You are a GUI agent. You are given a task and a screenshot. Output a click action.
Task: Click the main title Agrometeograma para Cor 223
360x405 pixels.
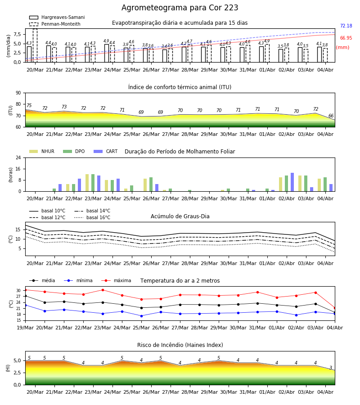[x=180, y=8]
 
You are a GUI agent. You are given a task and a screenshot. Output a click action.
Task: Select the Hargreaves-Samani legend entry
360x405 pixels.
[x=57, y=17]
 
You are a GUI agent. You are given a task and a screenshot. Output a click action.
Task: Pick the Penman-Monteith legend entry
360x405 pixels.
[x=55, y=24]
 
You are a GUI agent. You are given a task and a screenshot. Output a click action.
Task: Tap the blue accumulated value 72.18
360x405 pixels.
[x=346, y=26]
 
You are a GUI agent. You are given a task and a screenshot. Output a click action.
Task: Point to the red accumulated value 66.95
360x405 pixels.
[x=346, y=38]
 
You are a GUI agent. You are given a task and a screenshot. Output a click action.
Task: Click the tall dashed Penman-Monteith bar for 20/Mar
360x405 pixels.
[x=35, y=45]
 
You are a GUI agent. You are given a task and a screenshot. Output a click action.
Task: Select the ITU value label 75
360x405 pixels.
[x=29, y=105]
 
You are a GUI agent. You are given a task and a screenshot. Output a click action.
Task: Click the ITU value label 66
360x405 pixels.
[x=331, y=116]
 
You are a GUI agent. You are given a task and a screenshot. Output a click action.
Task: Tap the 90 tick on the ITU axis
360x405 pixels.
[x=18, y=93]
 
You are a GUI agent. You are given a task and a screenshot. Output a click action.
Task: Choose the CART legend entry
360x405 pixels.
[x=106, y=151]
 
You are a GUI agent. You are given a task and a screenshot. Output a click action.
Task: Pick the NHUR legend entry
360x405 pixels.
[x=42, y=151]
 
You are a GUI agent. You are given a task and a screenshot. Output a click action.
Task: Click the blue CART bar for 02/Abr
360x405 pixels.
[x=292, y=182]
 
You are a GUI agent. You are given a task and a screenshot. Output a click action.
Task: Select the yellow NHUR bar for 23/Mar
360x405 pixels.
[x=87, y=183]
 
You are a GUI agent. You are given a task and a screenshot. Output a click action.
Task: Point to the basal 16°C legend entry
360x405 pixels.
[x=92, y=217]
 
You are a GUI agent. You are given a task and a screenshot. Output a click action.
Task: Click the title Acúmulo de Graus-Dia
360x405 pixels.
[x=180, y=216]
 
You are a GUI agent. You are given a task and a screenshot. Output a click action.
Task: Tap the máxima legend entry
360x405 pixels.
[x=116, y=280]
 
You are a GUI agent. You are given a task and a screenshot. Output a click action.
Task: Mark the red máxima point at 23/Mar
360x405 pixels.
[x=103, y=290]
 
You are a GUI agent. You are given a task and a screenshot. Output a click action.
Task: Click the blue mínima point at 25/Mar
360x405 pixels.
[x=141, y=316]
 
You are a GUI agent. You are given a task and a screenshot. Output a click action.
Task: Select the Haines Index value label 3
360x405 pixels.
[x=331, y=368]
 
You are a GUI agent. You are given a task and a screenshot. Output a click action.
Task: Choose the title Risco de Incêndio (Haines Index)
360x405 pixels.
[x=180, y=345]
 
